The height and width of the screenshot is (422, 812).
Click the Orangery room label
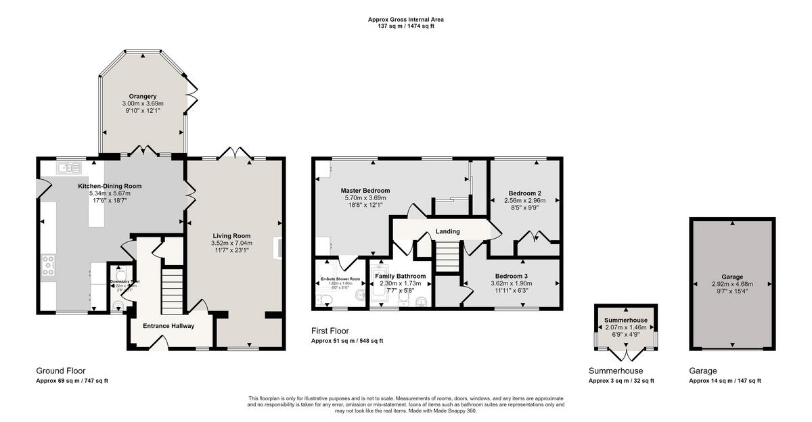(x=143, y=96)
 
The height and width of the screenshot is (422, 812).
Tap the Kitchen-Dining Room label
(x=110, y=186)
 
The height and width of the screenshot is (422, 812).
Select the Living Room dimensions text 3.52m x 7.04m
(x=231, y=243)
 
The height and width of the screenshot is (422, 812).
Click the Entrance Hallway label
(x=168, y=326)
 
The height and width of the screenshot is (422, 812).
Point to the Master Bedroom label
(x=365, y=191)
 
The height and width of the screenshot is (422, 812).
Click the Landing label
(x=447, y=231)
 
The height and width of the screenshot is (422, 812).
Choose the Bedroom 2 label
(x=525, y=193)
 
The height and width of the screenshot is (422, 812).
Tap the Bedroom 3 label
(x=512, y=276)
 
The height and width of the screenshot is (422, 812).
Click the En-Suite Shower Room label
(x=340, y=279)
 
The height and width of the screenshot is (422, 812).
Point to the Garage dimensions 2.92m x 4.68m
(x=732, y=284)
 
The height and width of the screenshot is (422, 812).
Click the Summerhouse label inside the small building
(x=626, y=320)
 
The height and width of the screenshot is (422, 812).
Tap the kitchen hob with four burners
(x=49, y=266)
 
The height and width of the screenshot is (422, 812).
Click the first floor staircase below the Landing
(x=447, y=257)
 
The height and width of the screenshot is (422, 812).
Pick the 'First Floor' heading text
(x=330, y=331)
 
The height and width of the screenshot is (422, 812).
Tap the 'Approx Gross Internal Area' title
(x=406, y=20)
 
